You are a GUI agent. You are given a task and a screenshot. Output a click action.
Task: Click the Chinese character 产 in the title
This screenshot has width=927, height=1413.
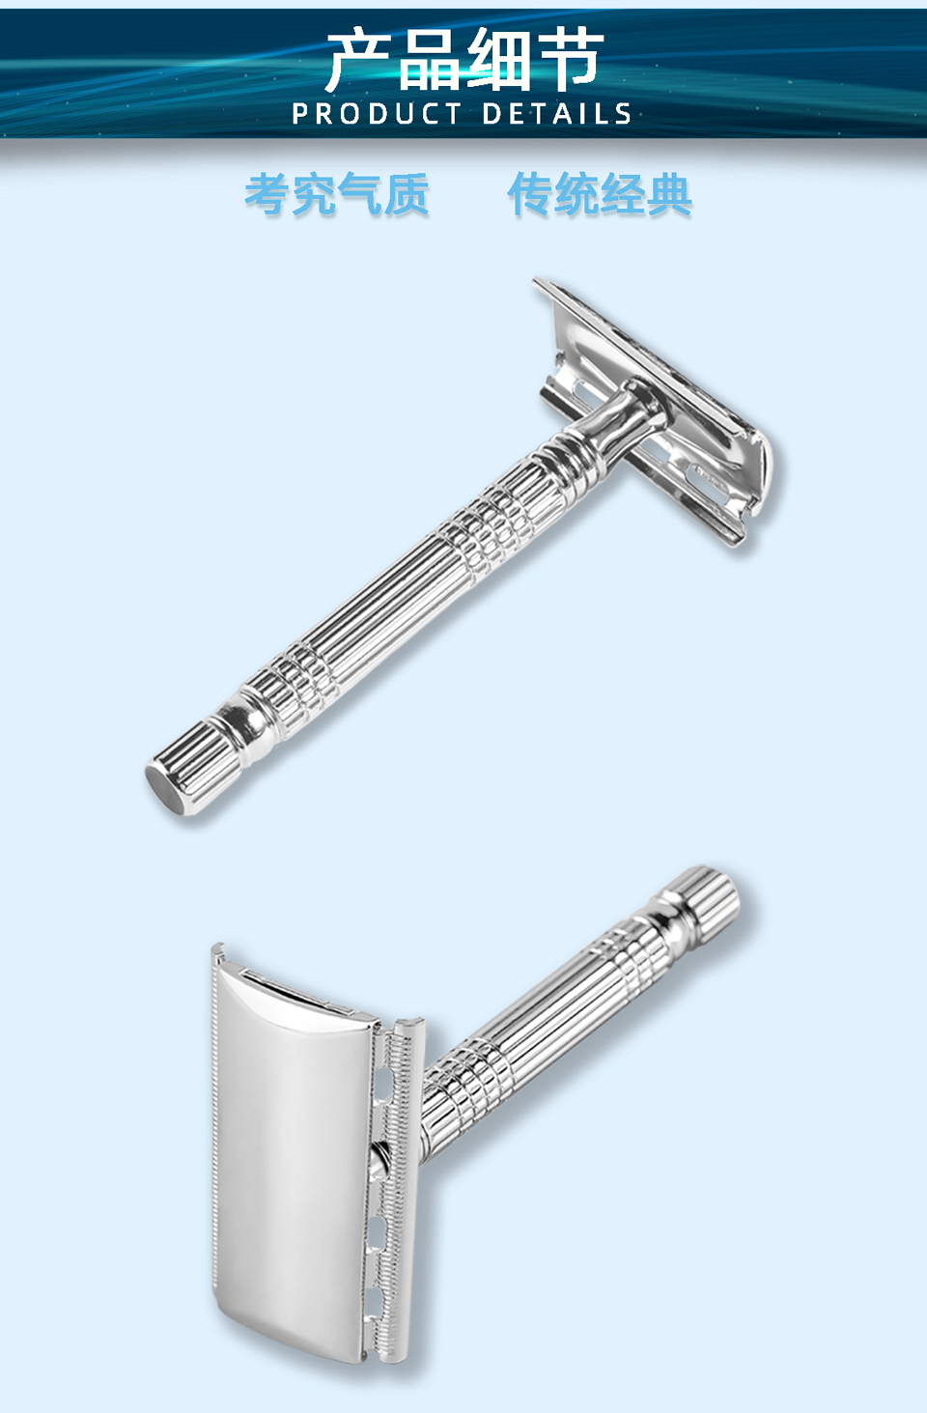pos(359,60)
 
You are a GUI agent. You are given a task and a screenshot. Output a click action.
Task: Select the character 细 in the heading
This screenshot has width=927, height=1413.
pos(499,60)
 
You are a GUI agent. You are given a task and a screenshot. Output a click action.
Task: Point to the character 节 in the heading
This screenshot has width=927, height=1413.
pos(571,60)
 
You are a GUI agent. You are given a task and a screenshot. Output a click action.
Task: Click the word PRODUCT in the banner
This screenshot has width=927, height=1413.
pos(377,114)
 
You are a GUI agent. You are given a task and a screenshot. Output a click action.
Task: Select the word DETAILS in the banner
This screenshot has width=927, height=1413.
pos(557,114)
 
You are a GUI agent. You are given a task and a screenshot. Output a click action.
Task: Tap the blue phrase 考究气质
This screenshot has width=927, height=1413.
pos(336,194)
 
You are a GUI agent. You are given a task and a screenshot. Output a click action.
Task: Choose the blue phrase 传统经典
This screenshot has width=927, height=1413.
pos(600,194)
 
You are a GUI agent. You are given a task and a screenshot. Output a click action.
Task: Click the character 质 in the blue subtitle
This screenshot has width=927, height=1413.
pos(407,194)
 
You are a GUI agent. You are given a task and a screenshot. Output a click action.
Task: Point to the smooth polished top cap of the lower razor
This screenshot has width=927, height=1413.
pos(290,1140)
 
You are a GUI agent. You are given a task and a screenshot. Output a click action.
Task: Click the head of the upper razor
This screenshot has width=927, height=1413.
pos(666,425)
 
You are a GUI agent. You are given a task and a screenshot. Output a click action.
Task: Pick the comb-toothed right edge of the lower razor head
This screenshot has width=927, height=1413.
pos(396,1188)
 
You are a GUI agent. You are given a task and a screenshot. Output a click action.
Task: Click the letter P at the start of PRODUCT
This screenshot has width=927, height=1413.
pos(299,114)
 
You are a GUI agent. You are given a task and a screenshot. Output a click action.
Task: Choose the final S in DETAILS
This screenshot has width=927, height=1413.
pos(623,114)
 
